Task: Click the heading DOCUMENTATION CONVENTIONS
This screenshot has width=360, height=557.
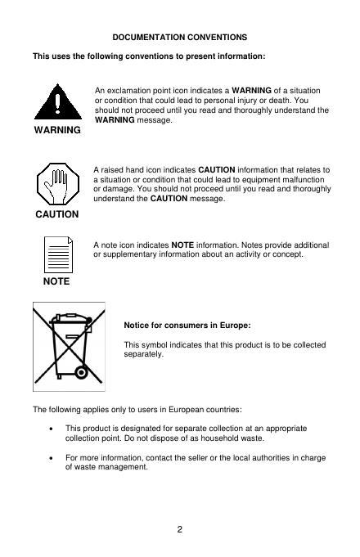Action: (x=179, y=38)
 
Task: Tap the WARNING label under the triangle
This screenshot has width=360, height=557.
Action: (x=57, y=130)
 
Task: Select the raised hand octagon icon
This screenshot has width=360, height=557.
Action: (x=58, y=184)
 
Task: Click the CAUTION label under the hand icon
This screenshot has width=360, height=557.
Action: (x=56, y=214)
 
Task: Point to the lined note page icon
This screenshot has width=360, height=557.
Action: (x=58, y=254)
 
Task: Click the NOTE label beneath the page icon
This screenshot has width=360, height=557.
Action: (x=56, y=281)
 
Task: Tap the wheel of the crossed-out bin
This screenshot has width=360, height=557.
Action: (x=81, y=372)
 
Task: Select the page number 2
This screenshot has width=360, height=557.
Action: (x=179, y=529)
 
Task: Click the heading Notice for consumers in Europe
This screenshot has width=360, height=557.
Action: (x=187, y=326)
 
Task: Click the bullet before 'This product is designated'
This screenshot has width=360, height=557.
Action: (x=52, y=429)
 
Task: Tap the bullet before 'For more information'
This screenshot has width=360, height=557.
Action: (x=52, y=458)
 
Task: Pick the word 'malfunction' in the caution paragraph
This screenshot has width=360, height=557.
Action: (x=305, y=180)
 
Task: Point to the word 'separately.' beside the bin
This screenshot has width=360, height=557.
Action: (x=143, y=354)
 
